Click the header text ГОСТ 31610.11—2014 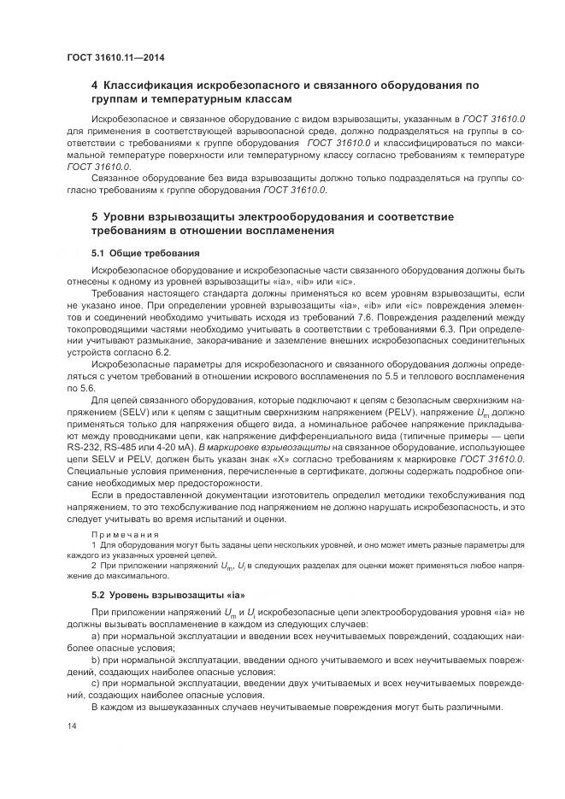click(x=115, y=57)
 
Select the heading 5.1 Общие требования click(x=145, y=253)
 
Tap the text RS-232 click(x=84, y=447)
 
